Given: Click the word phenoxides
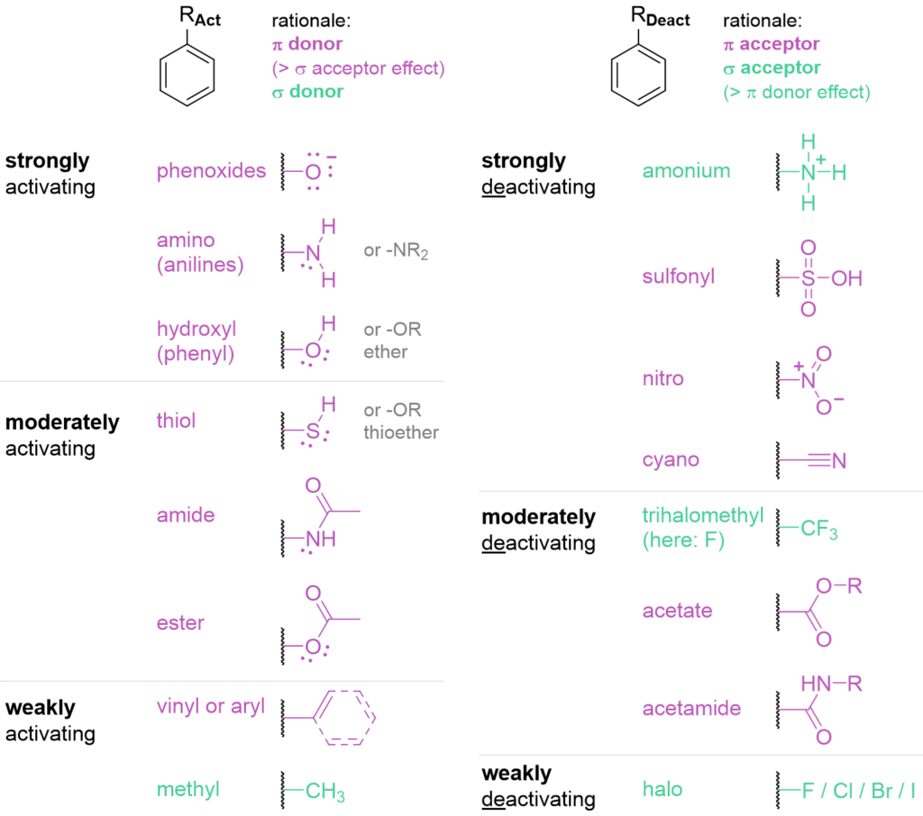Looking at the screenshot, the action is tap(211, 171).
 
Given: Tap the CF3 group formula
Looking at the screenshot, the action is tap(819, 530).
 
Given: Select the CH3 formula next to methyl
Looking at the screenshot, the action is tap(325, 793).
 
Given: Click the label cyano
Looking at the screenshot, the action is tap(672, 460).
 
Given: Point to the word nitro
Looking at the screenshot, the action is tap(663, 379).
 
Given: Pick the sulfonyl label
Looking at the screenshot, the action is tap(679, 277).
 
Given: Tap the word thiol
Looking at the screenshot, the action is tap(176, 421).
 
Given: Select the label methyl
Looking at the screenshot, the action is tap(187, 790).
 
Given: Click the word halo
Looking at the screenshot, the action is tap(663, 790).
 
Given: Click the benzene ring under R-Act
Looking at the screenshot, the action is tap(187, 76).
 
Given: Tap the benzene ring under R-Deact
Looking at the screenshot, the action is tap(638, 76).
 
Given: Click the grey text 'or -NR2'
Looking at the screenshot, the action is tap(396, 251).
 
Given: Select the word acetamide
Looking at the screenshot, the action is tap(691, 709).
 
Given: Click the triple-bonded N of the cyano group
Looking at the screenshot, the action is tap(838, 462).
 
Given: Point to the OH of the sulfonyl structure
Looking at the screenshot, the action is tap(846, 278).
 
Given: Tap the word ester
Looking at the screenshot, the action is tap(180, 622).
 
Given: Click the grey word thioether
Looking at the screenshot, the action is tap(401, 432).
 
